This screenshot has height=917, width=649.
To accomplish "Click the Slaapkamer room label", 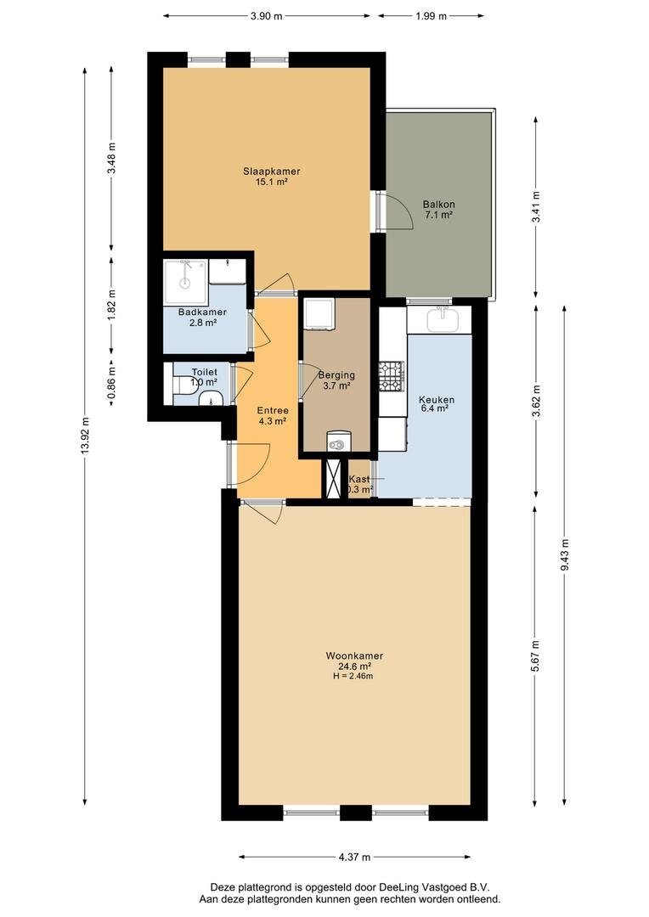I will pyautogui.click(x=271, y=172).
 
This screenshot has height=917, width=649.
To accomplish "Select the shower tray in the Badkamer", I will pyautogui.click(x=185, y=274).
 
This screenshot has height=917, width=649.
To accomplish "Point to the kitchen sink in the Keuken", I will pyautogui.click(x=438, y=319).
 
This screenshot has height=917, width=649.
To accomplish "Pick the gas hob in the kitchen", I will pyautogui.click(x=391, y=376).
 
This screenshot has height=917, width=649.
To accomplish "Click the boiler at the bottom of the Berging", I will pyautogui.click(x=338, y=442).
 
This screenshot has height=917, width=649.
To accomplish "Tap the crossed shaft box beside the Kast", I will pyautogui.click(x=334, y=479).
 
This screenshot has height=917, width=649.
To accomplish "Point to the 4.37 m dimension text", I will pyautogui.click(x=353, y=857).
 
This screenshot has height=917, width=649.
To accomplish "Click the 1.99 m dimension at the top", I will pyautogui.click(x=431, y=15).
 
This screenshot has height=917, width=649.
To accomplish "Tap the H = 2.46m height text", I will pyautogui.click(x=354, y=677).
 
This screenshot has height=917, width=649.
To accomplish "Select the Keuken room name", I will pyautogui.click(x=437, y=400).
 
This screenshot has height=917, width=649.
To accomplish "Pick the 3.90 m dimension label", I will pyautogui.click(x=267, y=15).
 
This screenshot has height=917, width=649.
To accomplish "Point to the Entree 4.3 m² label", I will pyautogui.click(x=272, y=415).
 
